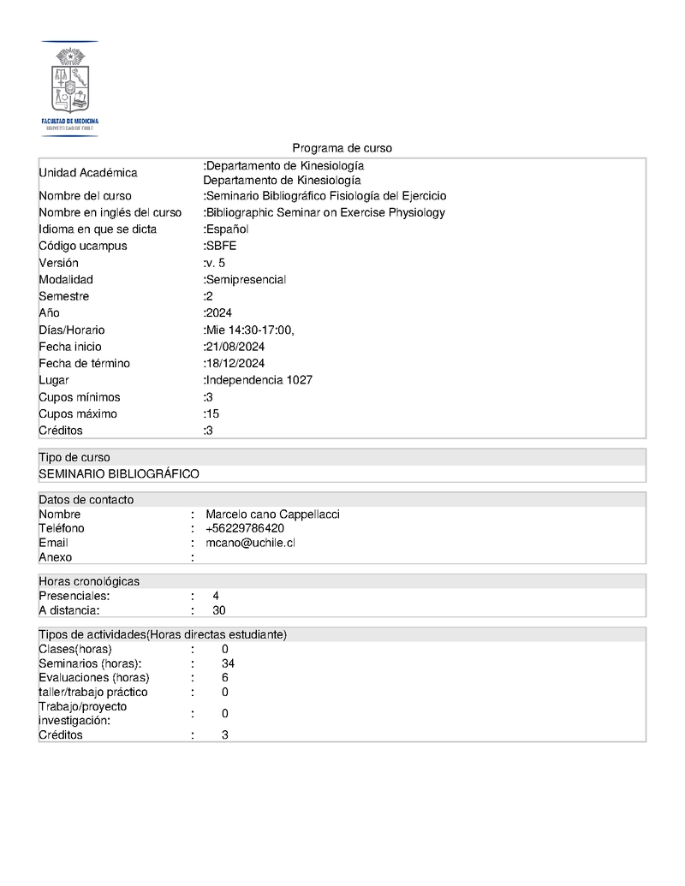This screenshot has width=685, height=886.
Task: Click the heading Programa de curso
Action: (x=342, y=148)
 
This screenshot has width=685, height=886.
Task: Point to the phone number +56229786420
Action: (x=245, y=528)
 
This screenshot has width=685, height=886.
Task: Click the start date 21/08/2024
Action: (x=235, y=347)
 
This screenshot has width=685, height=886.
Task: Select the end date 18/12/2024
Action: (x=235, y=363)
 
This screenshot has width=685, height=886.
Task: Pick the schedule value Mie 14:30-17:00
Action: (x=249, y=330)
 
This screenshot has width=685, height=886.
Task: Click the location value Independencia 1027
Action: (x=259, y=380)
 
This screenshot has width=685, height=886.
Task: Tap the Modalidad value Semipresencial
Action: (x=246, y=279)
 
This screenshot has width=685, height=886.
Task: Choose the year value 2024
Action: (x=219, y=312)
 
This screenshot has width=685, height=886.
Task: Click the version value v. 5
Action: (x=216, y=263)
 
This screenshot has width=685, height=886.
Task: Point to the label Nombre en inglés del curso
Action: (x=110, y=212)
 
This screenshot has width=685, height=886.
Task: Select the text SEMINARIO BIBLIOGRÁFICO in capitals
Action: (x=119, y=473)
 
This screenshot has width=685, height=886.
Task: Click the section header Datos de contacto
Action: (x=86, y=500)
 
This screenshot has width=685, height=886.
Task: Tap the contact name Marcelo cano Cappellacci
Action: (x=272, y=514)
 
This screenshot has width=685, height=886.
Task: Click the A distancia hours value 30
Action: (x=219, y=610)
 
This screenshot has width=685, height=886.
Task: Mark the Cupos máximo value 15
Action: (x=212, y=413)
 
